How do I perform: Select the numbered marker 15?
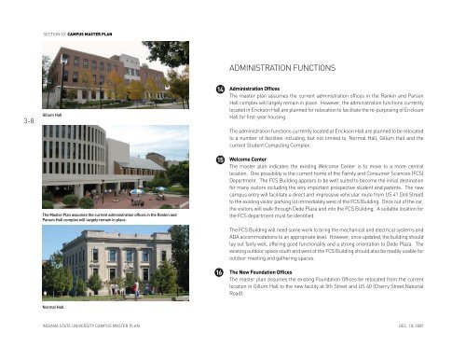pos(217,159)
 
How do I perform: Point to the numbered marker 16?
pos(217,271)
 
